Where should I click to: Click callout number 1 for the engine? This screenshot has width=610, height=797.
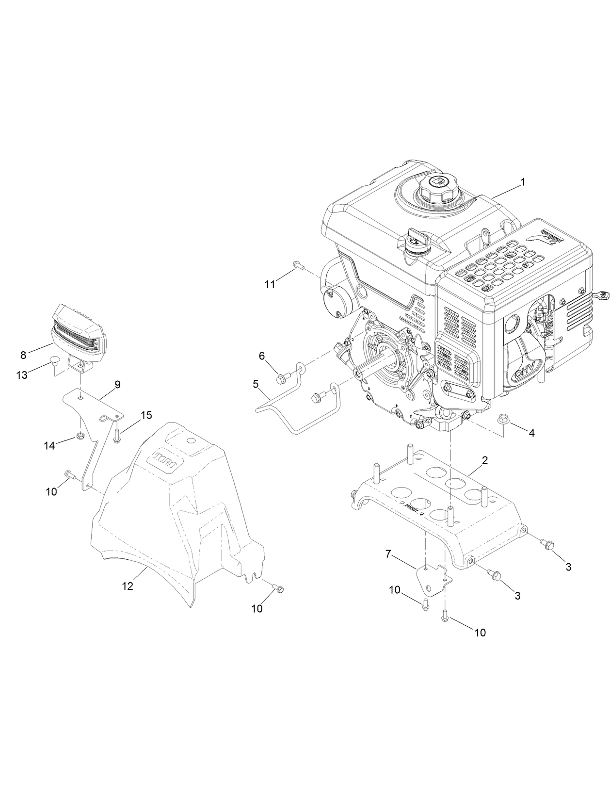pyautogui.click(x=523, y=182)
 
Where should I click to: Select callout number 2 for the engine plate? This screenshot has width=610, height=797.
pyautogui.click(x=484, y=459)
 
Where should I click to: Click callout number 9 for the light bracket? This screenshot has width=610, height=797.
pyautogui.click(x=117, y=384)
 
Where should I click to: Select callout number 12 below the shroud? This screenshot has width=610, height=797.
pyautogui.click(x=127, y=586)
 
